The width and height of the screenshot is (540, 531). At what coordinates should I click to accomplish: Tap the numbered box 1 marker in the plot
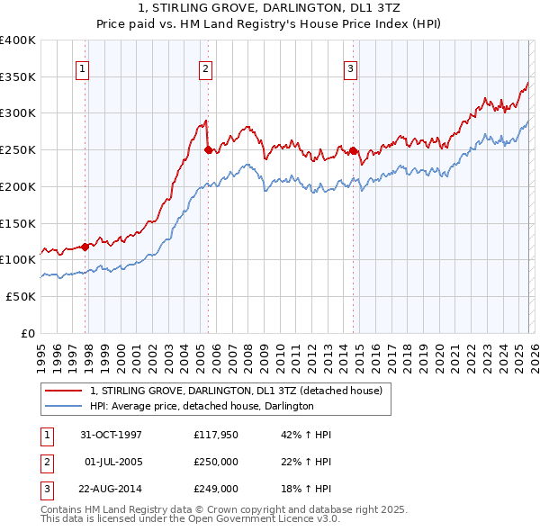pos(82,67)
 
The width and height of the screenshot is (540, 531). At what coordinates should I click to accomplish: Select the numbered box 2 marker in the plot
pos(206,67)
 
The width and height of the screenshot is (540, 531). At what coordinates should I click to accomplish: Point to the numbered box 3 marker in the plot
pos(350,67)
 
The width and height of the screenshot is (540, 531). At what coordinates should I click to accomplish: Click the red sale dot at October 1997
pos(86,246)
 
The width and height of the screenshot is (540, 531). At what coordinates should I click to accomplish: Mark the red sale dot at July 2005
pos(209,150)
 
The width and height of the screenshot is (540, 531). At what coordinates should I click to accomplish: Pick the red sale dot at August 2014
pos(354,151)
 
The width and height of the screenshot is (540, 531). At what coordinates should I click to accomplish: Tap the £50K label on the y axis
pos(22,296)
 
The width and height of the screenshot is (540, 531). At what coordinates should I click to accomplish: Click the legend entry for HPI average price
pos(201,406)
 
